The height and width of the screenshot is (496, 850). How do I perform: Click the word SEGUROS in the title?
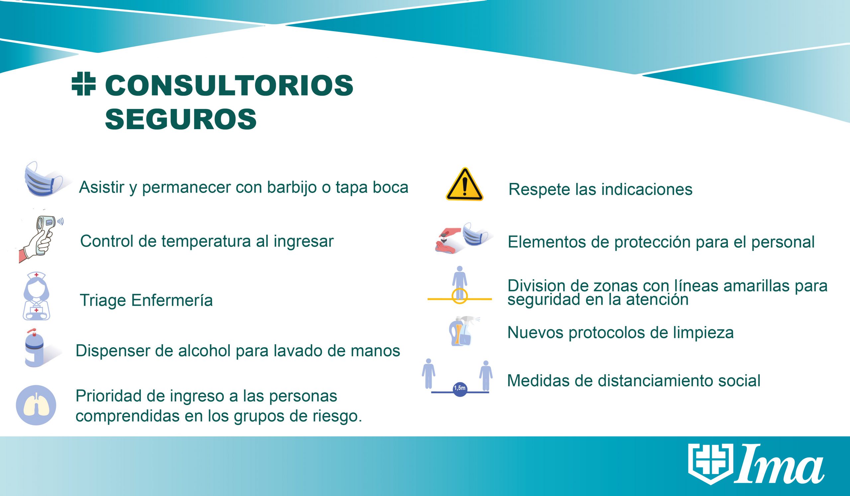click(181, 119)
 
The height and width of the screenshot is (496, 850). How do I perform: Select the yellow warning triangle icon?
click(465, 185)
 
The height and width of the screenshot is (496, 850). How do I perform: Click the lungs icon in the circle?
click(36, 405)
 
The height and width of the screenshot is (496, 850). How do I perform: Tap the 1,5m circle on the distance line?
click(460, 388)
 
